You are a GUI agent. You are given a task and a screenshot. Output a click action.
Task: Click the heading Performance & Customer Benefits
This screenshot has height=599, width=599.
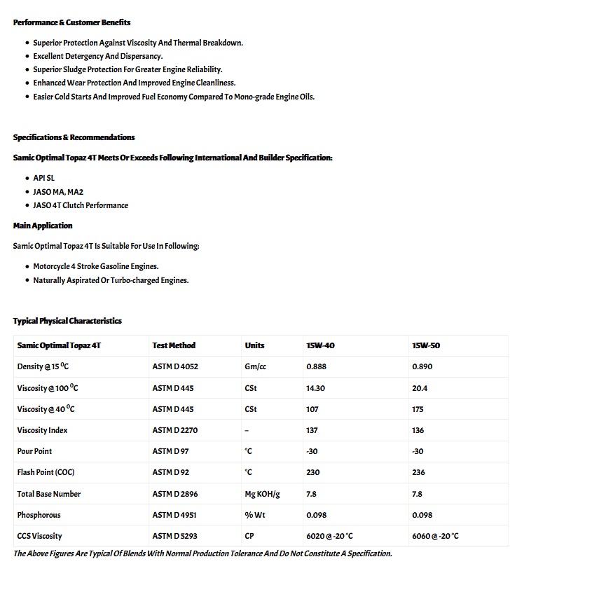pyautogui.click(x=71, y=22)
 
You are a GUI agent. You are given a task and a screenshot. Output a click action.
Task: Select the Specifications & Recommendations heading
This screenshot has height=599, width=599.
pyautogui.click(x=74, y=137)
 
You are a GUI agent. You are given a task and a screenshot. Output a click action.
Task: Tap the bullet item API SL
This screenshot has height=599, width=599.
pyautogui.click(x=43, y=178)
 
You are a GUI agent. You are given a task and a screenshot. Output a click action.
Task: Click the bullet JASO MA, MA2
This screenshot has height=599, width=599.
pyautogui.click(x=58, y=192)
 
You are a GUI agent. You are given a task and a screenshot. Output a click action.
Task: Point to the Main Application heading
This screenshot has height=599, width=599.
pyautogui.click(x=43, y=226)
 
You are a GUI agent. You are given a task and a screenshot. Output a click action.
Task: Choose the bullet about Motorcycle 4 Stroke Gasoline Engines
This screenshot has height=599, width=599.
pyautogui.click(x=96, y=266)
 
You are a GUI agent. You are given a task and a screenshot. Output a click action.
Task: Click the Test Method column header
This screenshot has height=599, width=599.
pyautogui.click(x=174, y=345)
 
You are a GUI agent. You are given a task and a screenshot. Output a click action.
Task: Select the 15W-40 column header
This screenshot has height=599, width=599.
pyautogui.click(x=320, y=345)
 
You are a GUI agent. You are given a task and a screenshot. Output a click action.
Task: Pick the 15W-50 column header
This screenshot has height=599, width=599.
pyautogui.click(x=426, y=345)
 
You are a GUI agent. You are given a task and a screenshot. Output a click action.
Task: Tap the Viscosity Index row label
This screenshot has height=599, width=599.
pyautogui.click(x=42, y=430)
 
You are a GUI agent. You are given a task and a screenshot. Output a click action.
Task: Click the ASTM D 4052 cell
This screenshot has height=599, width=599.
pyautogui.click(x=175, y=366)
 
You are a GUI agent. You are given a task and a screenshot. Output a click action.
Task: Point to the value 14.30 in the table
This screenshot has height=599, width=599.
pyautogui.click(x=315, y=388)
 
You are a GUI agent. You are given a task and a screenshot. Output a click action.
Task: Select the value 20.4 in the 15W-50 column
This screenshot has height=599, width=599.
pyautogui.click(x=420, y=388)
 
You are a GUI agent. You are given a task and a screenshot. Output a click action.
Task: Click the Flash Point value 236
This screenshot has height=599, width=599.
pyautogui.click(x=418, y=472)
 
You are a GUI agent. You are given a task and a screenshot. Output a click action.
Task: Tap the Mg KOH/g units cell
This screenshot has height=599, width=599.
pyautogui.click(x=262, y=494)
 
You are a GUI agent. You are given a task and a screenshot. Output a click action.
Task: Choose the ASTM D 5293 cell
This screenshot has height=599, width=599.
pyautogui.click(x=175, y=536)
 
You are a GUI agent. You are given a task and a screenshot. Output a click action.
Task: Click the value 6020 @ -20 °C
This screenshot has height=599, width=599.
pyautogui.click(x=329, y=536)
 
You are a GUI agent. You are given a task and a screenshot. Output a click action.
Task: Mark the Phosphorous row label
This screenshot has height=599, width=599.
pyautogui.click(x=39, y=515)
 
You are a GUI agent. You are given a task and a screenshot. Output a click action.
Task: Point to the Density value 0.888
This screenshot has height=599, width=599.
pyautogui.click(x=316, y=366)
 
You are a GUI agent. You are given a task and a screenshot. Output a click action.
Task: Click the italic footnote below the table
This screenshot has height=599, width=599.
pyautogui.click(x=202, y=553)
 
